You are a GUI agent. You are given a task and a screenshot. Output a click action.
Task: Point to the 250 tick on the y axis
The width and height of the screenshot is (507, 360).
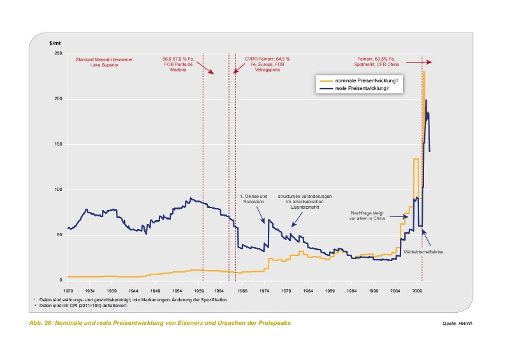pyautogui.click(x=57, y=53)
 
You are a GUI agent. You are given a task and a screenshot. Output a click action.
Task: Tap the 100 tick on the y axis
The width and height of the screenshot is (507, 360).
pyautogui.click(x=57, y=190)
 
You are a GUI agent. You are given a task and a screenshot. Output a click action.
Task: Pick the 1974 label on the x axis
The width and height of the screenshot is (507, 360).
pyautogui.click(x=264, y=289)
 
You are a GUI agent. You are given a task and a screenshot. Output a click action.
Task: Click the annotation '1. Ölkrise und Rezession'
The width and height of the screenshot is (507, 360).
pyautogui.click(x=254, y=199)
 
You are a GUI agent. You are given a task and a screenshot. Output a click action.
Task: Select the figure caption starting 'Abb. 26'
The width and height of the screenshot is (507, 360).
pyautogui.click(x=159, y=323)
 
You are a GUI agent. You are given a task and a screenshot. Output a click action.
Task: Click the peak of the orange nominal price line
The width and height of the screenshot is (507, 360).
pyautogui.click(x=423, y=71)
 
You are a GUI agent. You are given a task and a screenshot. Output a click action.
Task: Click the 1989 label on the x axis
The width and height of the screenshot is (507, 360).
pyautogui.click(x=330, y=289)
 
